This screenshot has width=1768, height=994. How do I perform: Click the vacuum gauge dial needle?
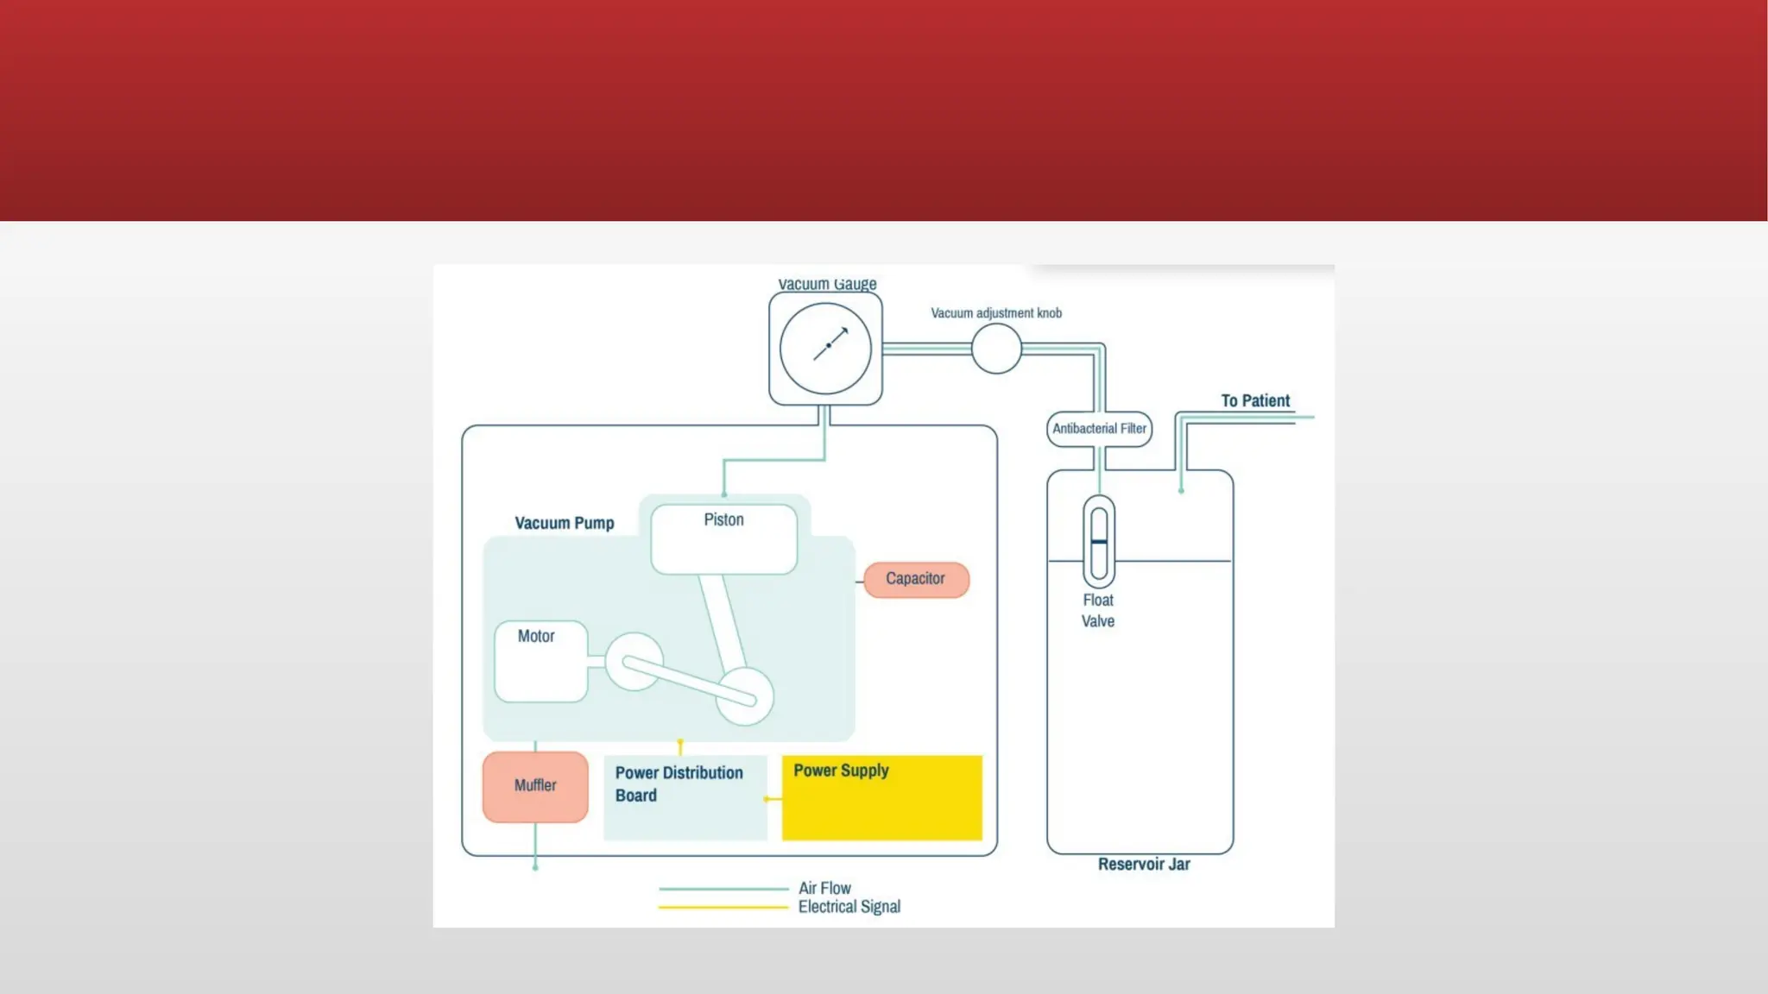pyautogui.click(x=829, y=345)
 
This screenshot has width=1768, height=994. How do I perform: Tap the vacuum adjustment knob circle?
pyautogui.click(x=996, y=349)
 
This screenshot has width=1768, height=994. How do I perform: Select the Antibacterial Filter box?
pyautogui.click(x=1099, y=429)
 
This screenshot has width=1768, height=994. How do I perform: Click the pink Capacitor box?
pyautogui.click(x=916, y=579)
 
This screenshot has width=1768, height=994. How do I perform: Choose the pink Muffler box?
pyautogui.click(x=535, y=786)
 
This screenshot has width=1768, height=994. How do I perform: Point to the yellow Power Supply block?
pyautogui.click(x=881, y=798)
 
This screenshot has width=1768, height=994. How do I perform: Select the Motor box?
pyautogui.click(x=540, y=661)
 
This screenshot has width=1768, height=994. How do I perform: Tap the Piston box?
pyautogui.click(x=723, y=539)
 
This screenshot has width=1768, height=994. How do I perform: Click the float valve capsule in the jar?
pyautogui.click(x=1099, y=542)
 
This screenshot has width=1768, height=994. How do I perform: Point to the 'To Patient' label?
pyautogui.click(x=1254, y=401)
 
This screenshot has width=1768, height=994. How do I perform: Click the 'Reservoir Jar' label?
pyautogui.click(x=1144, y=865)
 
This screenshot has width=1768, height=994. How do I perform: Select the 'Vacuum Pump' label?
pyautogui.click(x=565, y=524)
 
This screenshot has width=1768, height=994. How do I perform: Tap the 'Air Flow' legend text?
pyautogui.click(x=824, y=888)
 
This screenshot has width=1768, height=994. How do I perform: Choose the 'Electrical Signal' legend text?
pyautogui.click(x=849, y=907)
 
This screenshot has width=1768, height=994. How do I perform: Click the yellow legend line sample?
pyautogui.click(x=723, y=908)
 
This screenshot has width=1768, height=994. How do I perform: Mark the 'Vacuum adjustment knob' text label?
pyautogui.click(x=996, y=313)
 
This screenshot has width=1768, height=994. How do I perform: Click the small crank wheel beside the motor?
pyautogui.click(x=635, y=662)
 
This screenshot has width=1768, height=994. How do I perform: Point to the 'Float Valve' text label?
pyautogui.click(x=1098, y=611)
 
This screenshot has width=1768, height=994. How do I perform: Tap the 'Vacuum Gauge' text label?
pyautogui.click(x=827, y=284)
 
